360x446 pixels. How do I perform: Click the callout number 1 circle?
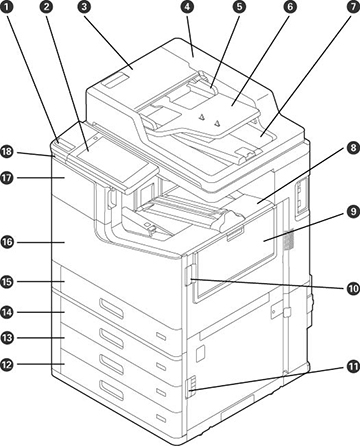[8, 7]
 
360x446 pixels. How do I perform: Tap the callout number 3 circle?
[84, 7]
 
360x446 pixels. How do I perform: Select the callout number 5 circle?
[239, 7]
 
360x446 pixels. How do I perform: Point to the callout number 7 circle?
[353, 7]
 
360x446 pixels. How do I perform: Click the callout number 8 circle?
[353, 148]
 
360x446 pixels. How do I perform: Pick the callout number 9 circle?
[353, 212]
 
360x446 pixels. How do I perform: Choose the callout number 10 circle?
[353, 289]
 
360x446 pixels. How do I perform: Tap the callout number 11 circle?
[353, 367]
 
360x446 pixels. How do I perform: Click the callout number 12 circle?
[7, 364]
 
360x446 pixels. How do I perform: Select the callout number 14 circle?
[7, 312]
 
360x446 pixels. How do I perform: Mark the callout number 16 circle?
[7, 242]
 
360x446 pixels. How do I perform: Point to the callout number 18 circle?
[7, 152]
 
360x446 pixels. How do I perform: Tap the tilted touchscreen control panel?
[112, 160]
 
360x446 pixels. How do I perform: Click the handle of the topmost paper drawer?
[111, 308]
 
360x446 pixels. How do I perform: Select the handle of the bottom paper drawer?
[111, 390]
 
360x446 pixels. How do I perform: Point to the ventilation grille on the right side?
[289, 239]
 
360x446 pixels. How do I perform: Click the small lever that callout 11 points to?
[188, 387]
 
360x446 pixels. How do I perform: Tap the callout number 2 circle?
[46, 7]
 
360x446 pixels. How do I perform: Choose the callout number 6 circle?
[291, 7]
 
